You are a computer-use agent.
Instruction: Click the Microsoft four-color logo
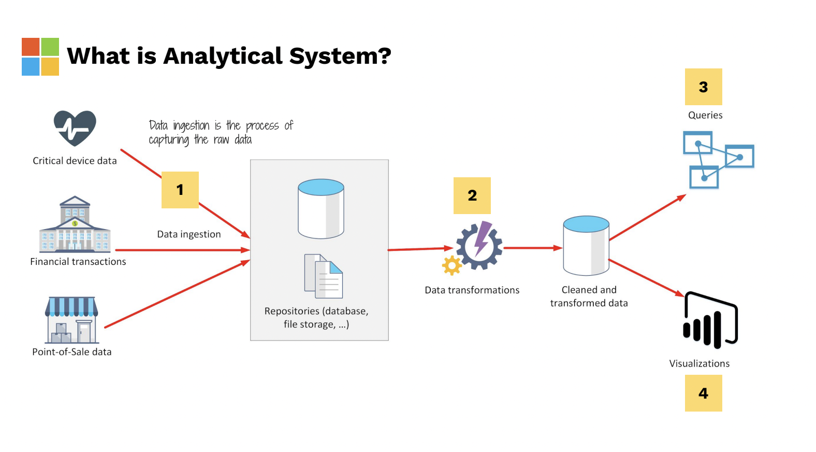pyautogui.click(x=40, y=56)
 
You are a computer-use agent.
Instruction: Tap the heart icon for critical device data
pyautogui.click(x=75, y=128)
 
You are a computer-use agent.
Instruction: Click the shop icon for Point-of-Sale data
pyautogui.click(x=72, y=320)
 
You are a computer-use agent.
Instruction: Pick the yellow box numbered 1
pyautogui.click(x=180, y=190)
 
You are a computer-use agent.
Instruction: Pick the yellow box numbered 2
pyautogui.click(x=472, y=195)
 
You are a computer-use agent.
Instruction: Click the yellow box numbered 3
pyautogui.click(x=703, y=87)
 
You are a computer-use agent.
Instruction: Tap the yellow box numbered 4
pyautogui.click(x=703, y=393)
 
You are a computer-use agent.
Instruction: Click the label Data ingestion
pyautogui.click(x=189, y=234)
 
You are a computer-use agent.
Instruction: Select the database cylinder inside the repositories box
pyautogui.click(x=321, y=209)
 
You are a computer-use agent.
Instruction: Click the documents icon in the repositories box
pyautogui.click(x=324, y=276)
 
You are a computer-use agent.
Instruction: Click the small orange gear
pyautogui.click(x=452, y=265)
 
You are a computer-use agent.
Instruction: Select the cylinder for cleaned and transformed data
pyautogui.click(x=586, y=246)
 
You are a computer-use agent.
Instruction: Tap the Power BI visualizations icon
pyautogui.click(x=710, y=321)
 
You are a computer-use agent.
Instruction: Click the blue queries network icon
pyautogui.click(x=718, y=160)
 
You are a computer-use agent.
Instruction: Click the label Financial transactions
pyautogui.click(x=78, y=262)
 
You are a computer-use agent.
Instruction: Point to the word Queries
pyautogui.click(x=705, y=115)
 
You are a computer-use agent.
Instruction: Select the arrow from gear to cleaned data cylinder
pyautogui.click(x=532, y=248)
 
